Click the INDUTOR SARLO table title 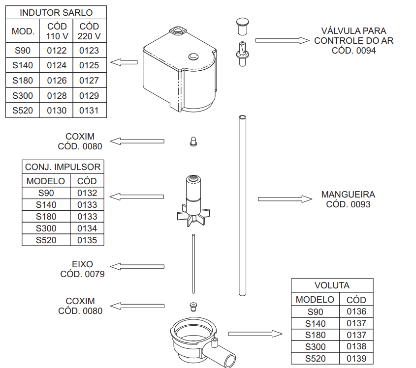coord(56,12)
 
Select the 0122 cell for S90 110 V coord(57,50)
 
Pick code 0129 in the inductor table coord(89,96)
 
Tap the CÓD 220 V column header coord(89,31)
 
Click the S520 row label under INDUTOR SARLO coord(23,111)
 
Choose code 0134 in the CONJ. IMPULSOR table coord(87,228)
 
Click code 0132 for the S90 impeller coord(87,193)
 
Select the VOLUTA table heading coord(332,285)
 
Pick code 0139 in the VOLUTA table coord(356,359)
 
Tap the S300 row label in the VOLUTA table coord(315,346)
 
